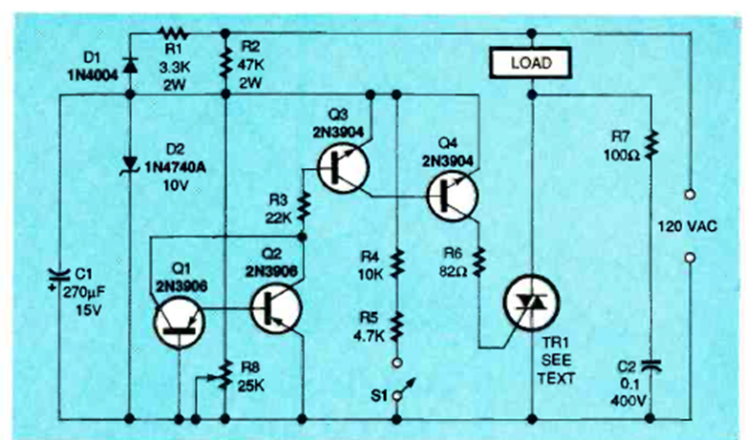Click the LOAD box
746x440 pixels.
coord(530,63)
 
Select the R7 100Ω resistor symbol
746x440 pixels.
coord(651,145)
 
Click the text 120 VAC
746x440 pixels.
coord(690,225)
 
